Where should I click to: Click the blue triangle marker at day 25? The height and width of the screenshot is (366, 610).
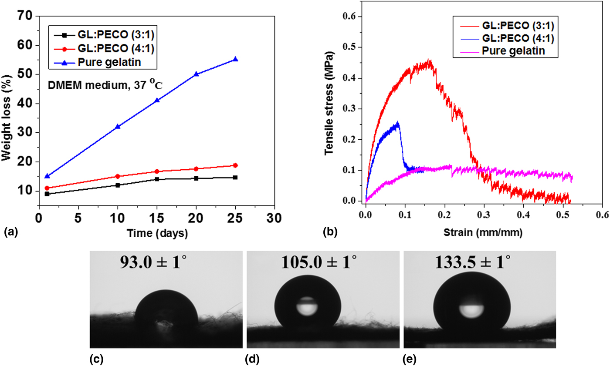[235, 59]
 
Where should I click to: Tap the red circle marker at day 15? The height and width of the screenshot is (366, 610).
[157, 171]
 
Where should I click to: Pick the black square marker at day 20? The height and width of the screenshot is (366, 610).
[196, 178]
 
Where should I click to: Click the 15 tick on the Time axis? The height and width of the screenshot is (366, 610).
[157, 217]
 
